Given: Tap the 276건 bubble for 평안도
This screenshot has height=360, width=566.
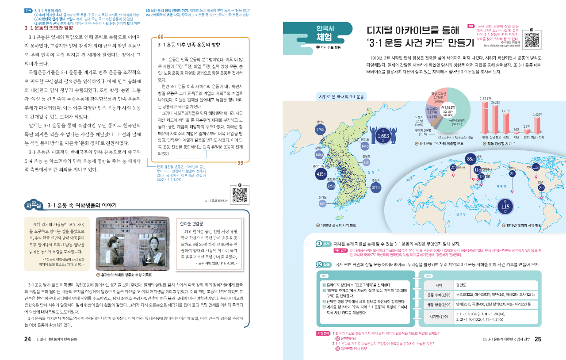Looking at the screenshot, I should [321, 129].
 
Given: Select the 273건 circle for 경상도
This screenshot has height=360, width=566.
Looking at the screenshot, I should [376, 187].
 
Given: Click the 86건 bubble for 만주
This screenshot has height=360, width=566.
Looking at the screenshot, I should [470, 159].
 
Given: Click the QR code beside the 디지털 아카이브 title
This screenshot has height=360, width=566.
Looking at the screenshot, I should [532, 39].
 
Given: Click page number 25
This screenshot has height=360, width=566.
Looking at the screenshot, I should [538, 340].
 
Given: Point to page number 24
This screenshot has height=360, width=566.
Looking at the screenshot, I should [27, 340].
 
